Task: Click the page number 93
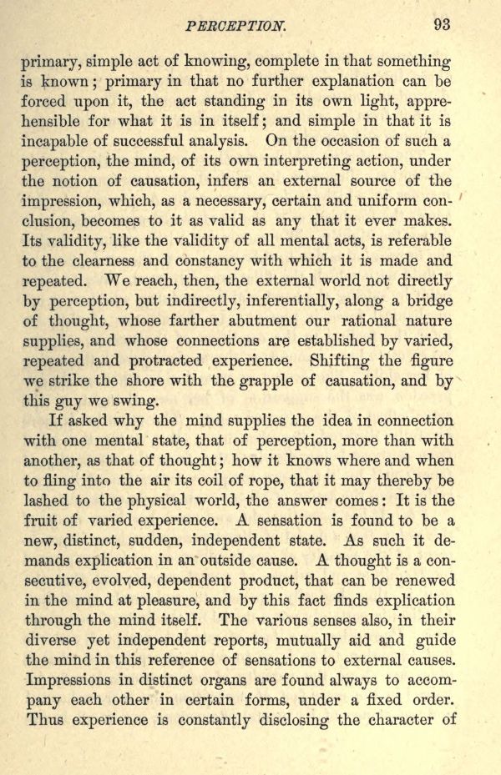click(442, 24)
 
